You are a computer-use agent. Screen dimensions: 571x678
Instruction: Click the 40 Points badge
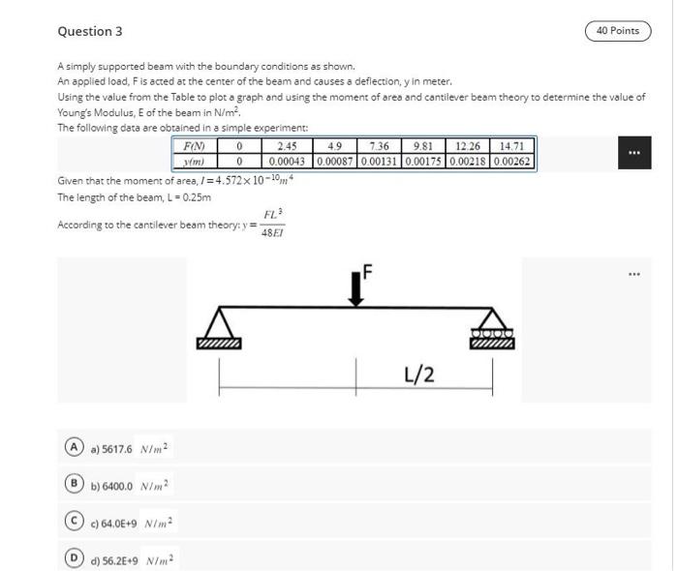[x=618, y=31]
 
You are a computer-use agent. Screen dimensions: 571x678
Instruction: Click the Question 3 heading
[x=90, y=31]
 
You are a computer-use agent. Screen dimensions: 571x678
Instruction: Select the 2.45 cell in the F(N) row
[x=287, y=146]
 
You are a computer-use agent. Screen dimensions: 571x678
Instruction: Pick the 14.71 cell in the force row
[x=512, y=146]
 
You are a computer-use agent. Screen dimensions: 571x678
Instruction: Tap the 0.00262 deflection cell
[x=512, y=161]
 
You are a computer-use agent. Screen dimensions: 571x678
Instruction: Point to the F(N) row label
[x=195, y=146]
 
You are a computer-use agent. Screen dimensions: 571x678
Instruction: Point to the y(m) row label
[x=195, y=161]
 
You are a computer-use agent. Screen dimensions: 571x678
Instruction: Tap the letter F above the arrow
[x=368, y=268]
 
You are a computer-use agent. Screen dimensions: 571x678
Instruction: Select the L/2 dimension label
[x=418, y=375]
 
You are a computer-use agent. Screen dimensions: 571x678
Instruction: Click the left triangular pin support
[x=219, y=327]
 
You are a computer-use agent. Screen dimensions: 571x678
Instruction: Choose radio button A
[x=73, y=448]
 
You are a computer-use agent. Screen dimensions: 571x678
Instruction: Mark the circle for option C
[x=73, y=523]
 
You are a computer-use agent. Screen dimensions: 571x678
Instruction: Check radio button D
[x=73, y=559]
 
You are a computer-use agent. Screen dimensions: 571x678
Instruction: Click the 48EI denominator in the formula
[x=273, y=233]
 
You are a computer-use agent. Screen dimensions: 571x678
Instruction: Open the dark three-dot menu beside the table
[x=633, y=153]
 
